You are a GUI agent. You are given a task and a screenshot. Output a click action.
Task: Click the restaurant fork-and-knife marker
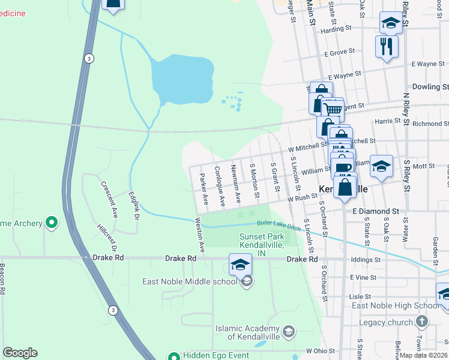(387, 46)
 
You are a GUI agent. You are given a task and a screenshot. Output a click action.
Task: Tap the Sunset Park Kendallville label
(261, 242)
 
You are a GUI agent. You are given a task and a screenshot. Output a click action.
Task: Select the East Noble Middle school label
(190, 281)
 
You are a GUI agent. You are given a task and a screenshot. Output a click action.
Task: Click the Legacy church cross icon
(422, 322)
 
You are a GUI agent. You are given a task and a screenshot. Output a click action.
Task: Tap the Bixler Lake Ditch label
(278, 223)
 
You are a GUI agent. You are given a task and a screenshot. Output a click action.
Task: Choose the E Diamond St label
(376, 211)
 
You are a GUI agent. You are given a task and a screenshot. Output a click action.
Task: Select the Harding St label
(336, 29)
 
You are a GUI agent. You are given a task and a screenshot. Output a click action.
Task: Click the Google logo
(20, 352)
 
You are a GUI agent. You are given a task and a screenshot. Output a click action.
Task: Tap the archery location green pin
(51, 223)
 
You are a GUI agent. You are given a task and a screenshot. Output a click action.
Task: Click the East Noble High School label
(396, 306)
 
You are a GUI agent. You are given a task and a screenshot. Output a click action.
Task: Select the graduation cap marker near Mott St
(381, 167)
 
